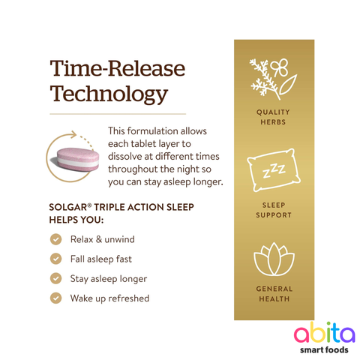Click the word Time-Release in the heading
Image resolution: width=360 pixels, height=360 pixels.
(x=116, y=70)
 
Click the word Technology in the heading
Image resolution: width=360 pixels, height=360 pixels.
(x=107, y=94)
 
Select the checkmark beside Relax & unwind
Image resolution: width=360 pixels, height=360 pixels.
(x=55, y=239)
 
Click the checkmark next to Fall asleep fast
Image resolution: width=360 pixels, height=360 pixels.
(x=55, y=259)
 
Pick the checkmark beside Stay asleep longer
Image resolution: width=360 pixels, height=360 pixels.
(x=55, y=278)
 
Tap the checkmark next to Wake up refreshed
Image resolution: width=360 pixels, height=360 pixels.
(x=55, y=298)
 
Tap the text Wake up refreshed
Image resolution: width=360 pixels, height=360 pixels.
(x=109, y=298)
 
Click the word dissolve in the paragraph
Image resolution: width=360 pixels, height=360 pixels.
(x=129, y=156)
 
